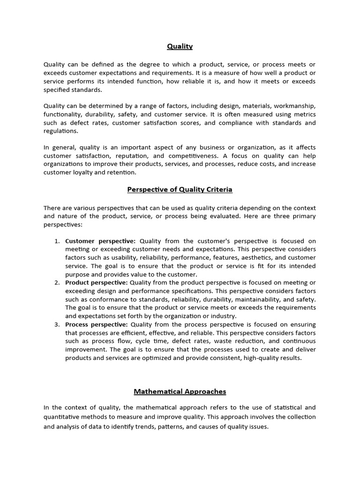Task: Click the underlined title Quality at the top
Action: tap(180, 46)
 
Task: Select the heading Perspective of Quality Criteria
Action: tap(180, 189)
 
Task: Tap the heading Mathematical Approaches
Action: tap(180, 391)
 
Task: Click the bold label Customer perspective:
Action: tap(100, 241)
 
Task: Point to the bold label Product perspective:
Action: tap(96, 282)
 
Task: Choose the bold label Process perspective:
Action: tap(96, 324)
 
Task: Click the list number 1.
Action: tap(56, 241)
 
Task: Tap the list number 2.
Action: tap(56, 282)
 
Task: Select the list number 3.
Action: tap(56, 324)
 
